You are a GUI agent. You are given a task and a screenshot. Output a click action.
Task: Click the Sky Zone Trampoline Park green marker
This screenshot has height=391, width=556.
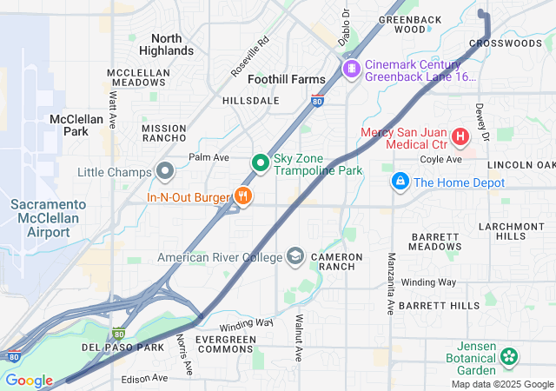[260, 162]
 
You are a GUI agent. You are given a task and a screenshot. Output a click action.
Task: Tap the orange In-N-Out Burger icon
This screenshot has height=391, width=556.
[243, 196]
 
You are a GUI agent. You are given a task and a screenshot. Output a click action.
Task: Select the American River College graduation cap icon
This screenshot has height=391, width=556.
[295, 256]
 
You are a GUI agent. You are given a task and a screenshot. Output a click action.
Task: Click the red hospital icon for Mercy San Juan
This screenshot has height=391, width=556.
[460, 136]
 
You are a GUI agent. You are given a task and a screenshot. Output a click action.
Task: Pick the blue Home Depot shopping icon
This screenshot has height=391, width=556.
[400, 182]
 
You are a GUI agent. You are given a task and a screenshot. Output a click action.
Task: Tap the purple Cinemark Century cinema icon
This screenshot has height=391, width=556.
[351, 69]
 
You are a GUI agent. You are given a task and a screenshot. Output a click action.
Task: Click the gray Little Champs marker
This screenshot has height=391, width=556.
[163, 171]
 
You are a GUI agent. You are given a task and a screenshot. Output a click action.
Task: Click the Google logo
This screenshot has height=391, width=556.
[29, 381]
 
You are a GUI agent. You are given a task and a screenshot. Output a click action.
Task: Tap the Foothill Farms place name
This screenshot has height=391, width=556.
[287, 79]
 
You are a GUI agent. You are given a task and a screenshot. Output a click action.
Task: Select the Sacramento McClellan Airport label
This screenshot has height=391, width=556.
[48, 217]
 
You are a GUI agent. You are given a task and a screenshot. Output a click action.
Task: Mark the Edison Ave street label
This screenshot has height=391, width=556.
[144, 379]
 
